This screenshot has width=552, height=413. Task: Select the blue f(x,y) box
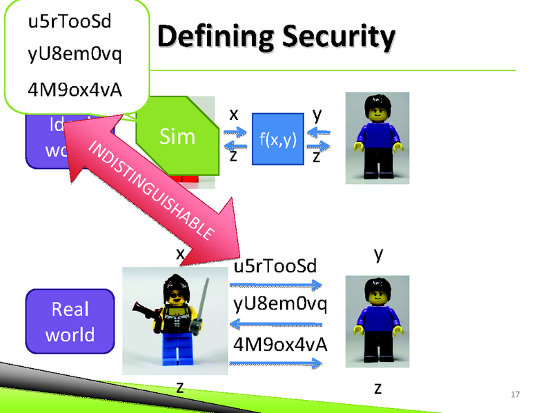tap(277, 139)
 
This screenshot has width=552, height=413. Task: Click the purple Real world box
tap(70, 321)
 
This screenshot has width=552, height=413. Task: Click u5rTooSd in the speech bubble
tap(70, 22)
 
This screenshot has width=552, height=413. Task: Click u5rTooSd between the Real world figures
tap(276, 266)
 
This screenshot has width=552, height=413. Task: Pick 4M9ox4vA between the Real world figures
tap(280, 343)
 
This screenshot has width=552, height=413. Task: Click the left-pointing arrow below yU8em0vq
tap(275, 323)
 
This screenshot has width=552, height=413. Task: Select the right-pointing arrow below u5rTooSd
tap(275, 283)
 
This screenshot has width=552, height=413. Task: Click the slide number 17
tap(513, 394)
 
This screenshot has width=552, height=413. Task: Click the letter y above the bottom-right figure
tap(378, 254)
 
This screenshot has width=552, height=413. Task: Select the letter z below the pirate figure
tap(180, 387)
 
